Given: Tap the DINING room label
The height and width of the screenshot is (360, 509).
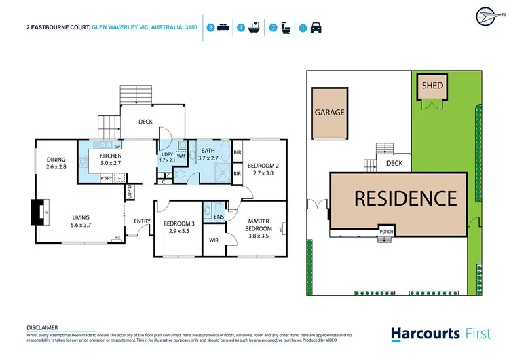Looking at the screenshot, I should [58, 158].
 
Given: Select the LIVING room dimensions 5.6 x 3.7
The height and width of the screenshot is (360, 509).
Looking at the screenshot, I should [81, 226].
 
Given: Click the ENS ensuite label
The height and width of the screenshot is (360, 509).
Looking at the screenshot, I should [218, 217].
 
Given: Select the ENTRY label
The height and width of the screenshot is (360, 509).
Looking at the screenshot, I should [142, 221].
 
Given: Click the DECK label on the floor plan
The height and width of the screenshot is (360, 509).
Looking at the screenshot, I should [145, 122].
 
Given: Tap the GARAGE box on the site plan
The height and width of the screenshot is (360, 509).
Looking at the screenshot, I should [329, 113].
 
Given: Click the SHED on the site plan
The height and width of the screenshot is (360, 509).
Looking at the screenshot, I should [433, 86].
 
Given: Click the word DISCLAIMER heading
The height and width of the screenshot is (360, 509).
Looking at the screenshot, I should [42, 327].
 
